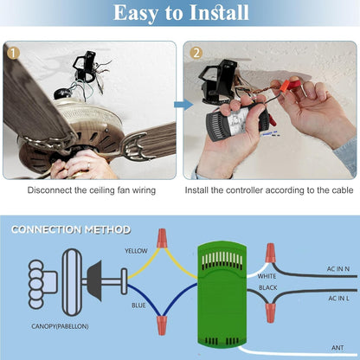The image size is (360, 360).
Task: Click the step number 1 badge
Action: click(x=13, y=53)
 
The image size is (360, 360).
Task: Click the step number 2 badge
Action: click(x=196, y=53)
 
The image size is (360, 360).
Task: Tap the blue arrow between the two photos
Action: click(x=183, y=105)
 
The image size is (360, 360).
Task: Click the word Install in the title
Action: click(x=219, y=12)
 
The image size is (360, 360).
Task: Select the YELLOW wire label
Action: click(x=136, y=251)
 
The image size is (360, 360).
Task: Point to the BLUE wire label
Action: click(x=138, y=305)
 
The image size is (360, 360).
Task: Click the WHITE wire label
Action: click(x=267, y=276)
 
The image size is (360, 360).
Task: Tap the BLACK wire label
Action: click(x=268, y=287)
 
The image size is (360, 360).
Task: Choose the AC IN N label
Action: click(x=338, y=269)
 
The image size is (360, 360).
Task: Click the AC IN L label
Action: click(x=339, y=299)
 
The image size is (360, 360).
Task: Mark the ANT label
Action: click(x=337, y=348)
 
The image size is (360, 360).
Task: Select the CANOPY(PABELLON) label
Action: click(x=60, y=326)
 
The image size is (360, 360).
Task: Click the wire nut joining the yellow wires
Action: click(x=162, y=238)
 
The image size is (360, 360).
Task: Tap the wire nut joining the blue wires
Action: click(x=162, y=325)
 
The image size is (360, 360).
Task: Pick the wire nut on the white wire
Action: click(x=270, y=253)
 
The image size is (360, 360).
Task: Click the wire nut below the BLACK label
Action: click(x=270, y=312)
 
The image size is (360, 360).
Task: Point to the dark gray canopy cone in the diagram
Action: click(x=95, y=281)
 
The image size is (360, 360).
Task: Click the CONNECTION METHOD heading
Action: click(x=71, y=230)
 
